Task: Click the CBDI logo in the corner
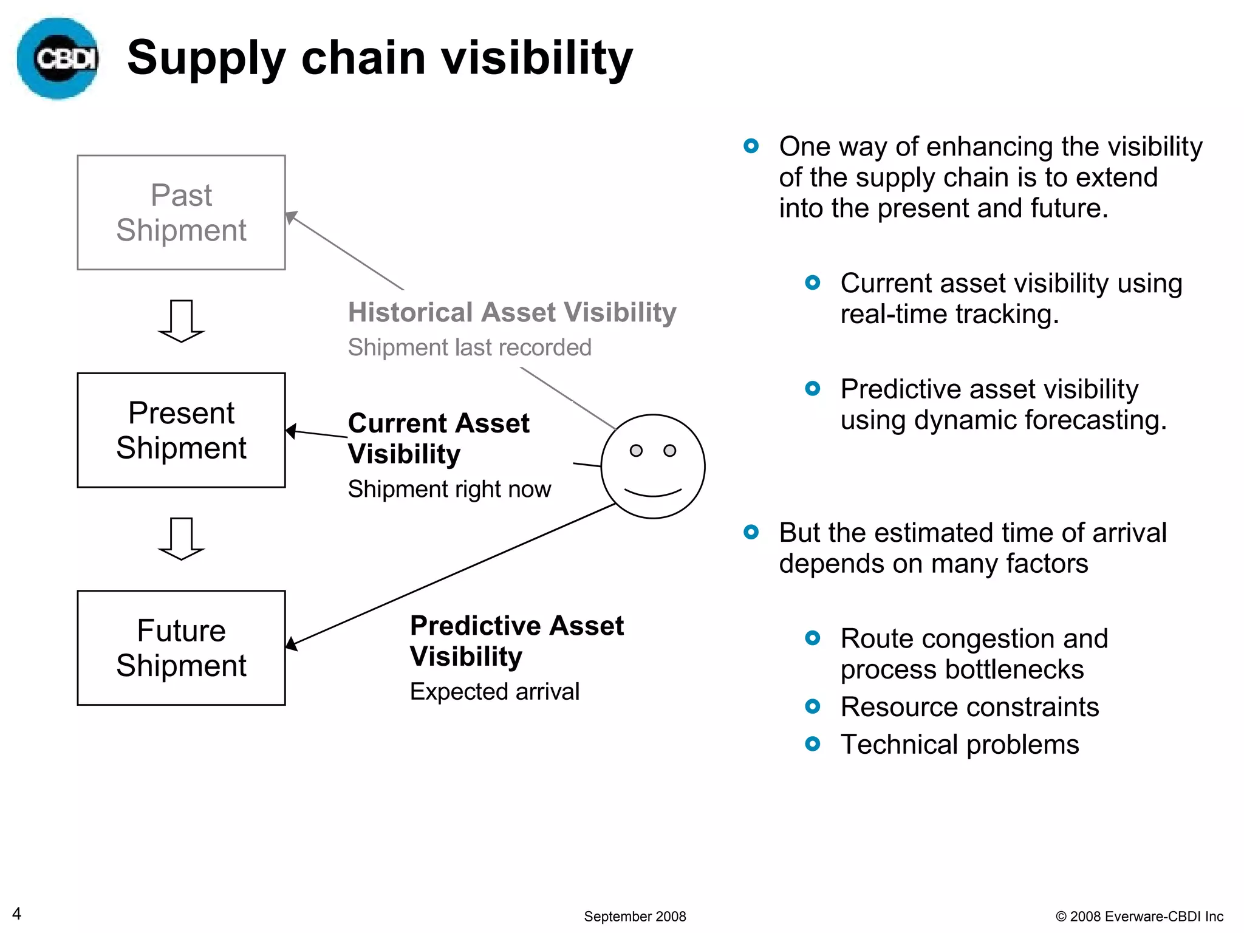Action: [58, 58]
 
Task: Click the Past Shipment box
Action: [181, 213]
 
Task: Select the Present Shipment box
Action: [181, 430]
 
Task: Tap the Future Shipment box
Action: [181, 648]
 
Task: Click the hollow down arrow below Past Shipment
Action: [181, 321]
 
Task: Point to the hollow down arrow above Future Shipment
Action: [181, 538]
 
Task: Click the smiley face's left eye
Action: [636, 451]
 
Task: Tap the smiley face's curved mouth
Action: [653, 493]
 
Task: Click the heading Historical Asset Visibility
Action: [511, 312]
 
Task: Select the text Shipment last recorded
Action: [469, 347]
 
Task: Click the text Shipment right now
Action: [449, 489]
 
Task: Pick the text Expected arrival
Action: [494, 691]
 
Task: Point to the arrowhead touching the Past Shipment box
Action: [291, 217]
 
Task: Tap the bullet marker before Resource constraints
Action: [812, 706]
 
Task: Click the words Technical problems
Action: [959, 744]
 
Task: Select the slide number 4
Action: [17, 914]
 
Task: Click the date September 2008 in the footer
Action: [634, 916]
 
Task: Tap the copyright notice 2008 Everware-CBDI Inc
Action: [1139, 916]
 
